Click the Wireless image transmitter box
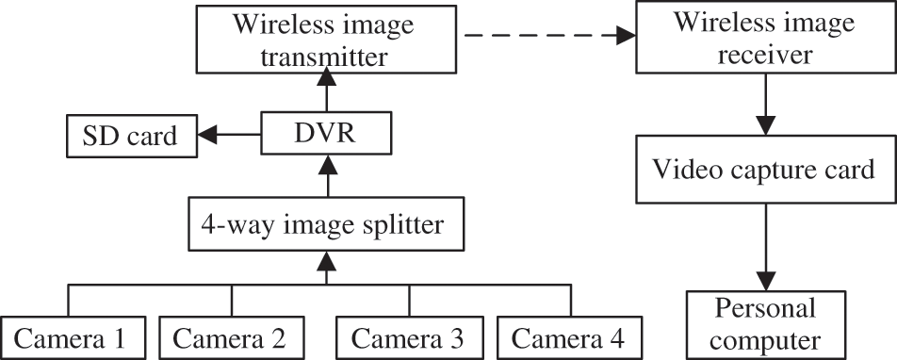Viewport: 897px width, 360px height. [x=325, y=40]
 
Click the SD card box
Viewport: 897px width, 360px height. [x=130, y=138]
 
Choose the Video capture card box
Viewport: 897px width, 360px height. [x=763, y=170]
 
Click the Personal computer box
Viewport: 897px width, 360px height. [x=763, y=323]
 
